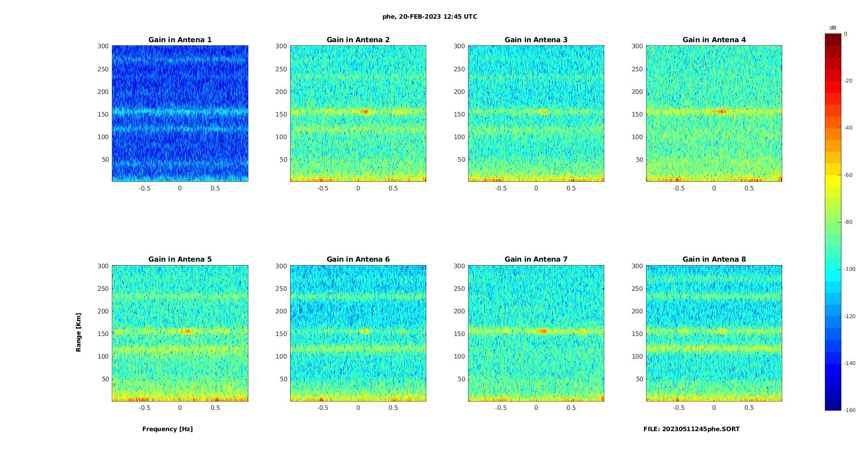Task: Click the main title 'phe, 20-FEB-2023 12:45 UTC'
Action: [x=429, y=17]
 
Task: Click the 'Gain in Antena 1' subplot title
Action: [x=180, y=40]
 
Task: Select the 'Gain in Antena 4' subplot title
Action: [x=714, y=40]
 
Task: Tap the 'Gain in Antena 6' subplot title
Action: [x=358, y=259]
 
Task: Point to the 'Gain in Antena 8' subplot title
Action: [x=714, y=259]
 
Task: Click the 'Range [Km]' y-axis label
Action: [x=79, y=332]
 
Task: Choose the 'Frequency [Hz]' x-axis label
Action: [x=167, y=429]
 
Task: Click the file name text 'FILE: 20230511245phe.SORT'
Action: [x=691, y=429]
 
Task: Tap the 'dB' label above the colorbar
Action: [x=833, y=28]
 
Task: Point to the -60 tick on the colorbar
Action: [x=848, y=175]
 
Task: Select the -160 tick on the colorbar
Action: [x=850, y=410]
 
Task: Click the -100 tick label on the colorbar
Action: [x=850, y=269]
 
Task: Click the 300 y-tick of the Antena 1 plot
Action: [x=103, y=46]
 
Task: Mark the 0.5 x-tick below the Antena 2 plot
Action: [x=393, y=188]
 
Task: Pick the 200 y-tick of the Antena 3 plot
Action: [x=459, y=92]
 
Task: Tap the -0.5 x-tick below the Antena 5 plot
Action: [x=144, y=408]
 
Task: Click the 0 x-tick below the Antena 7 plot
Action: [x=536, y=408]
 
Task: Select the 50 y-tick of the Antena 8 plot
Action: [x=640, y=379]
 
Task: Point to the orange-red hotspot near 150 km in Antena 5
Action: [x=187, y=331]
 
